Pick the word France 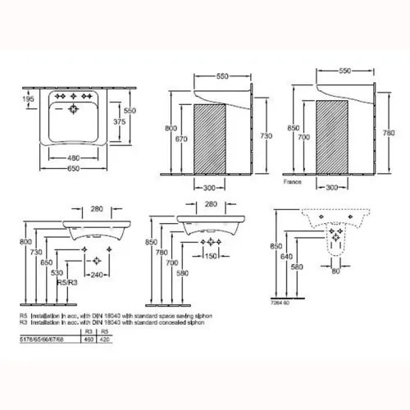[292, 184]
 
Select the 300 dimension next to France [331, 187]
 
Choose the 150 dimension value [211, 257]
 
